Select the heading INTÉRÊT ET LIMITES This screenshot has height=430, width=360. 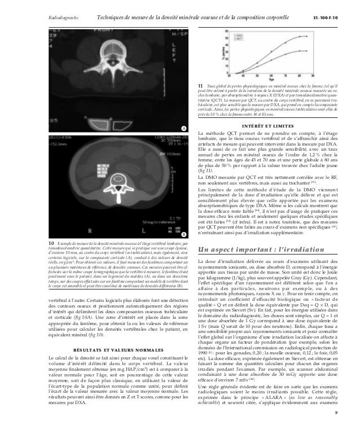(266, 125)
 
